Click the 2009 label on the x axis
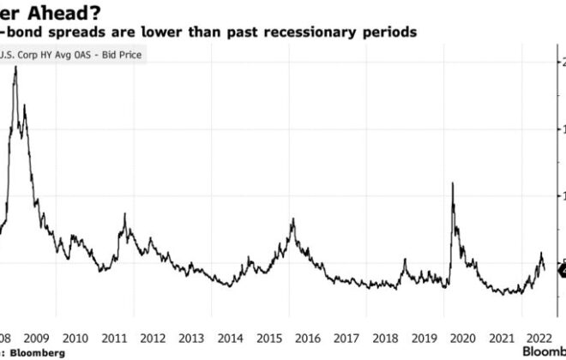pos(35,336)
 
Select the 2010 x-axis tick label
pos(75,336)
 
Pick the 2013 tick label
pos(191,336)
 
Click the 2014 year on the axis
pos(231,336)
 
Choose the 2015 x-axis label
pos(269,336)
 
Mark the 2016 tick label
pos(309,336)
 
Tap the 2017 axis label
pos(347,336)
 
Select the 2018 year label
pos(387,336)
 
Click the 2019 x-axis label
pos(425,336)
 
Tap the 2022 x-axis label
pos(539,336)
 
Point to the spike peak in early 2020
pos(452,183)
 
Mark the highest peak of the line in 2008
pos(16,67)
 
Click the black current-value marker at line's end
pos(560,272)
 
